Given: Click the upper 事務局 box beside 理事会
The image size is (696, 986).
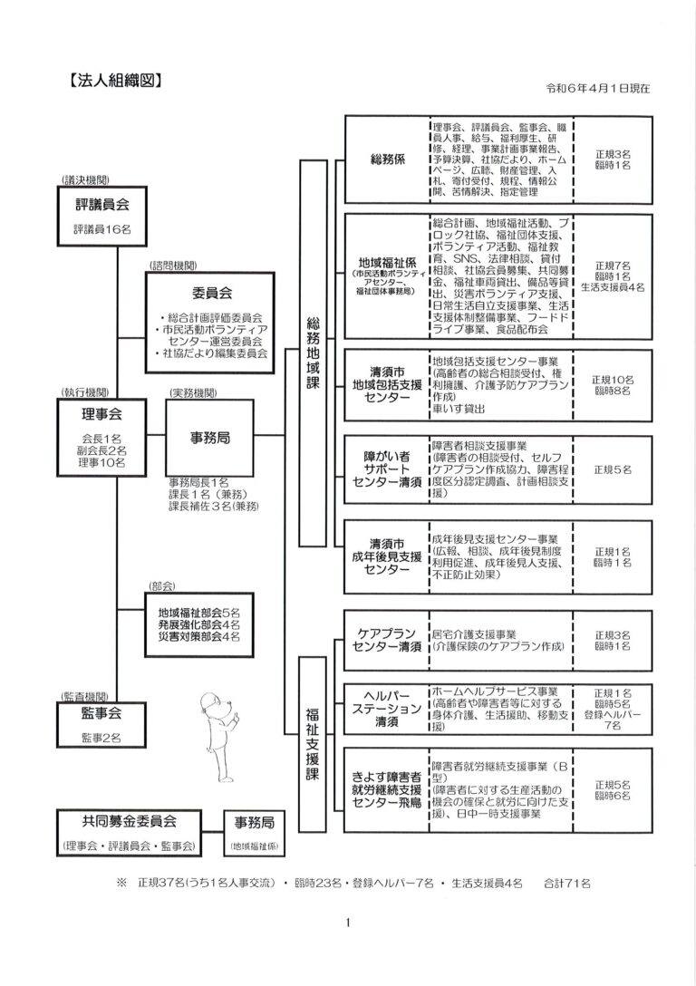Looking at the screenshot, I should (209, 437).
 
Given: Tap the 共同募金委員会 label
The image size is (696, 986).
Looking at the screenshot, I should (129, 820).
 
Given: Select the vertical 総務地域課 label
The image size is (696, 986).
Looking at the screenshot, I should (314, 353).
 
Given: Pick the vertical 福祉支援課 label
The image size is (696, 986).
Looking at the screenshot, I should (314, 745).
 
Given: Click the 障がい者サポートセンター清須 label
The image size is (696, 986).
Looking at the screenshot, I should (387, 467).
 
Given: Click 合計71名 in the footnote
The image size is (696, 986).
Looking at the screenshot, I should (567, 881).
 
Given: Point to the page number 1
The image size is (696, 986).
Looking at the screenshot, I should (348, 924).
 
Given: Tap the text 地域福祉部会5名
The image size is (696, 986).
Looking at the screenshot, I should (198, 612).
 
